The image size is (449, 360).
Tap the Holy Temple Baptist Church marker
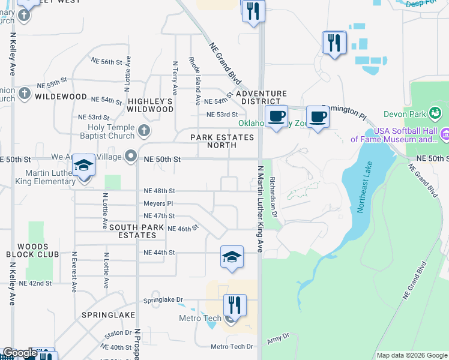click(x=143, y=130)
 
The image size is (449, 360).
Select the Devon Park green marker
click(x=436, y=112)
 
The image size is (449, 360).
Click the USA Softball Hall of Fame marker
click(x=445, y=133)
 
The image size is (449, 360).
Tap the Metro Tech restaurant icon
click(x=235, y=306)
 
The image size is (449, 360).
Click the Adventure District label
click(x=261, y=98)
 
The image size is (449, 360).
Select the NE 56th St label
click(x=107, y=62)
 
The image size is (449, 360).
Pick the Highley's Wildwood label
click(x=150, y=105)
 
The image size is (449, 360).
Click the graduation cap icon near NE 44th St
click(x=232, y=257)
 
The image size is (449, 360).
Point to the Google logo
click(x=19, y=353)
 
